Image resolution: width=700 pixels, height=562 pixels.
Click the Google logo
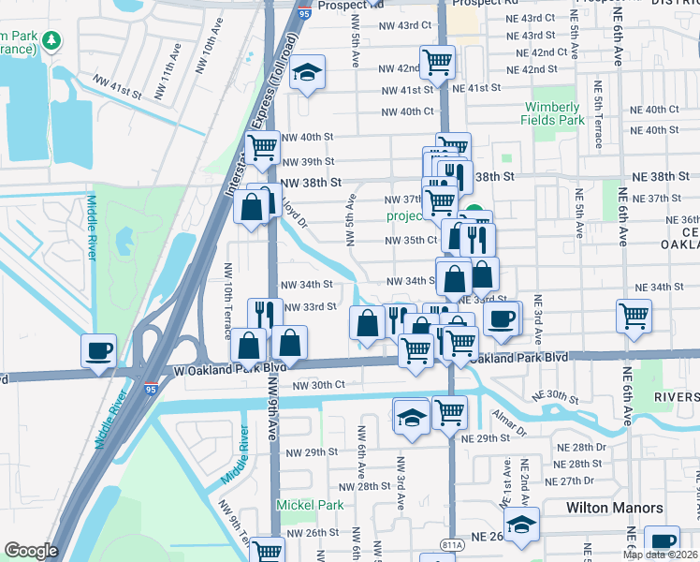tap(31, 551)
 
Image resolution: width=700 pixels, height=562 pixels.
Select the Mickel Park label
tap(310, 505)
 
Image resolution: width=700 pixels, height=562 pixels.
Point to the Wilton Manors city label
tap(615, 508)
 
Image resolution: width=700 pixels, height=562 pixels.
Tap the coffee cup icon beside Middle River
tap(99, 351)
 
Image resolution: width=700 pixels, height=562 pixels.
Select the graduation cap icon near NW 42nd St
tap(306, 73)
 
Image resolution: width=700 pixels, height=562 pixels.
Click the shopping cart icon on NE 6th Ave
tap(634, 316)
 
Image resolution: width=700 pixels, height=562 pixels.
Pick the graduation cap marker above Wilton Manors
tap(521, 523)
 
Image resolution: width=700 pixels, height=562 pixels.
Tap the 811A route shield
tap(451, 543)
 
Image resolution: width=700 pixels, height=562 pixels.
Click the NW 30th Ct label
tap(319, 385)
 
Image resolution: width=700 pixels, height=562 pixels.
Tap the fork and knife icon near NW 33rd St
tap(265, 311)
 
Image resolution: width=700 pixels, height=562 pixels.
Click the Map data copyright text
tap(662, 555)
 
